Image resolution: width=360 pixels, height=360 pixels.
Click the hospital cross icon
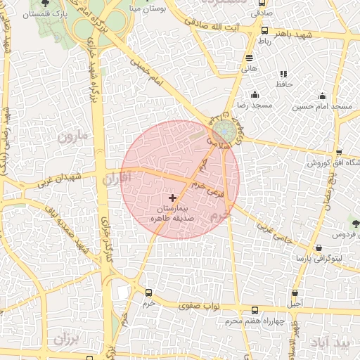point(173,198)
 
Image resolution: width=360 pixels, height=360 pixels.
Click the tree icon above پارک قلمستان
point(46,3)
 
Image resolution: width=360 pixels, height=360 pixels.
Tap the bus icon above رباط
point(264,31)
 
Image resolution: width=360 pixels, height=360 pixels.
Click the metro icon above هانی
point(250,58)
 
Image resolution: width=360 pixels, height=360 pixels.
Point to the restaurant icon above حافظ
point(283,74)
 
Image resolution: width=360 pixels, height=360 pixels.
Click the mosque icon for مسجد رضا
point(255,94)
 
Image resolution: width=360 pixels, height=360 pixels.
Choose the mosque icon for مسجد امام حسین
point(322,96)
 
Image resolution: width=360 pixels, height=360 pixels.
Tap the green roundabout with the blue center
point(225,130)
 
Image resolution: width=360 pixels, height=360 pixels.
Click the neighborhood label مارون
point(74,135)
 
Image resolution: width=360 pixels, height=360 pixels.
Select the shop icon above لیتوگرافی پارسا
point(319,248)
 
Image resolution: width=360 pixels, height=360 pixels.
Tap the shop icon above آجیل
point(295,293)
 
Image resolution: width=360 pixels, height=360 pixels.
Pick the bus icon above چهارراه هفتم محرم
point(255,311)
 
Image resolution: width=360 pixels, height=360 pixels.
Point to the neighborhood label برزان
point(67,337)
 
